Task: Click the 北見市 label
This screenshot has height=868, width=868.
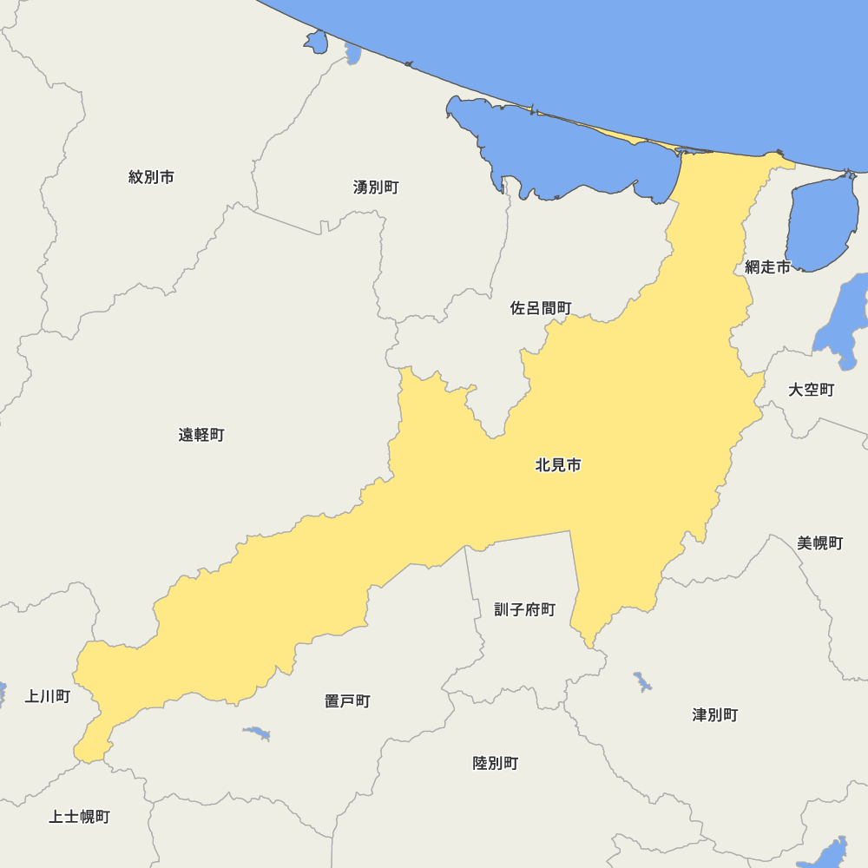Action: (558, 465)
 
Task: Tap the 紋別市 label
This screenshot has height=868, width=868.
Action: (151, 177)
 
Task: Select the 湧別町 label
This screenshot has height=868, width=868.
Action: (376, 187)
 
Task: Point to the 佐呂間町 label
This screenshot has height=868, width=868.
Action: (541, 308)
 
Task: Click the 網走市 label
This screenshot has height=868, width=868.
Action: (767, 267)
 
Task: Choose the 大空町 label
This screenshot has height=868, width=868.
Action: (811, 390)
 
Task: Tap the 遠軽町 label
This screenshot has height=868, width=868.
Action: (201, 435)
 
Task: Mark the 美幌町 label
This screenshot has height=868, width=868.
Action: (819, 543)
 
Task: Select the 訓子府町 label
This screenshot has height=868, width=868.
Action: (524, 609)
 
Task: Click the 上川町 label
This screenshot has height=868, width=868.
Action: (48, 696)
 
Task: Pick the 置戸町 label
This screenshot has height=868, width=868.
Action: (347, 700)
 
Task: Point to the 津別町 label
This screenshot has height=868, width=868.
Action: (714, 715)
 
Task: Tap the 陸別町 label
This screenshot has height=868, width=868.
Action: (495, 763)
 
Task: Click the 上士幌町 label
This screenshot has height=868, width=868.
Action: (79, 817)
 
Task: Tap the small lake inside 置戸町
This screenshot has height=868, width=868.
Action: (257, 733)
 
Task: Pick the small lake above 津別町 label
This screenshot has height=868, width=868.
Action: (642, 681)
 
